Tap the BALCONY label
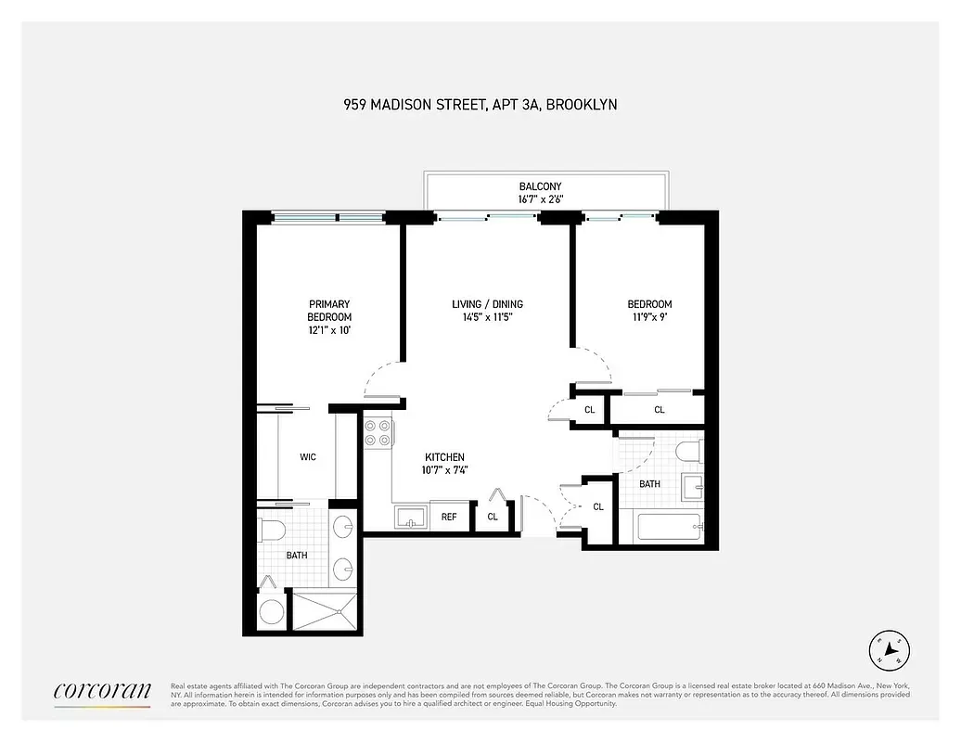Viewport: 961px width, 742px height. tap(540, 186)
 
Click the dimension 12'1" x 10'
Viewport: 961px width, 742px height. tap(329, 330)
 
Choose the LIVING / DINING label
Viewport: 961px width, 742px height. tap(487, 304)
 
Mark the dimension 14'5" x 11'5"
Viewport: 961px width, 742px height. tap(487, 317)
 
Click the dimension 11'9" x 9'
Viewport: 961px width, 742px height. tap(649, 317)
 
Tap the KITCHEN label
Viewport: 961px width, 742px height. tap(444, 457)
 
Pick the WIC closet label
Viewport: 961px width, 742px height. tap(308, 457)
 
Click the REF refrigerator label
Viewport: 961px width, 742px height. tap(449, 517)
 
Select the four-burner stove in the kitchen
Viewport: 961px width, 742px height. tap(377, 434)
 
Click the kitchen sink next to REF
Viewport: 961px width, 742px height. tap(409, 517)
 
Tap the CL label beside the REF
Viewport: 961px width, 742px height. tap(493, 517)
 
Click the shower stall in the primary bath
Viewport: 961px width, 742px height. tap(324, 609)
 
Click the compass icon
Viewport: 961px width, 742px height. tap(889, 650)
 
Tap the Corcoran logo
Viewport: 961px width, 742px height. tap(102, 691)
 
